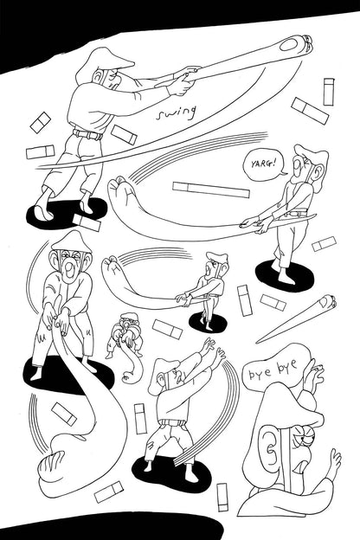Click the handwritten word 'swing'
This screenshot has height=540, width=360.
coord(177,112)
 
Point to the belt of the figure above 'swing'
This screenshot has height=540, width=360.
coord(87,134)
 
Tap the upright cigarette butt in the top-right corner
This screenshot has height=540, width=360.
coord(328,91)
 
